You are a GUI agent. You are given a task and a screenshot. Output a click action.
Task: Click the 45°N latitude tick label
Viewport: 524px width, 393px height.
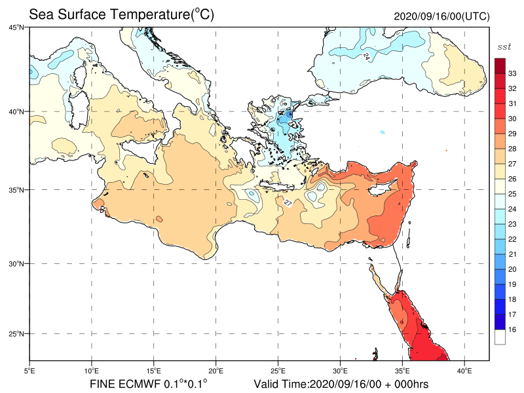pyautogui.click(x=16, y=28)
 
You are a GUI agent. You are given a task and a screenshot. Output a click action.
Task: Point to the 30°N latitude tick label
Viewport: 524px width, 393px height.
pyautogui.click(x=16, y=264)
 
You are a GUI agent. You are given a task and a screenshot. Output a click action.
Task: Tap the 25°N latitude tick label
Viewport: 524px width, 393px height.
pyautogui.click(x=16, y=334)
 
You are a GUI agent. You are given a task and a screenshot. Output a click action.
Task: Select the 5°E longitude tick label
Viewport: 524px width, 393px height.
pyautogui.click(x=29, y=371)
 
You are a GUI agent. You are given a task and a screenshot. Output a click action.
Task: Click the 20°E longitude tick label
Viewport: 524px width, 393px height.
pyautogui.click(x=216, y=371)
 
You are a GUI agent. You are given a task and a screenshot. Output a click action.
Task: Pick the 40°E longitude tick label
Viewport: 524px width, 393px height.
pyautogui.click(x=464, y=371)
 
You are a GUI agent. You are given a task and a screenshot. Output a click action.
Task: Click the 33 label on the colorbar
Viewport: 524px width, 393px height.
pyautogui.click(x=512, y=73)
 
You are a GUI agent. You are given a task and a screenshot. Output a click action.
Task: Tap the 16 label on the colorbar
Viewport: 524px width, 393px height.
pyautogui.click(x=512, y=329)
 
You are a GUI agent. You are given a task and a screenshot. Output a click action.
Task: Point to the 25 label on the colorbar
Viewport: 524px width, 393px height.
pyautogui.click(x=512, y=194)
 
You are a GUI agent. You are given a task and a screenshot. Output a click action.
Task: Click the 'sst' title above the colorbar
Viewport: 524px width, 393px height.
pyautogui.click(x=504, y=47)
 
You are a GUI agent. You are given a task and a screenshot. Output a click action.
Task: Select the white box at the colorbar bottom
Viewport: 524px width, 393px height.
pyautogui.click(x=500, y=337)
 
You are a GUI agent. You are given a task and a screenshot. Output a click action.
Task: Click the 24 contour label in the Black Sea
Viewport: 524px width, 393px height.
pyautogui.click(x=367, y=57)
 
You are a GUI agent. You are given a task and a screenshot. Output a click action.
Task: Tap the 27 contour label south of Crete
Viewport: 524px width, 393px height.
pyautogui.click(x=288, y=203)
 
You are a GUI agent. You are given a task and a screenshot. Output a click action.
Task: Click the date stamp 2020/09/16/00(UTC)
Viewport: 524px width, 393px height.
pyautogui.click(x=441, y=16)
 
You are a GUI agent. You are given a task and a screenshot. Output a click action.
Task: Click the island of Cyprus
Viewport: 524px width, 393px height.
pyautogui.click(x=381, y=189)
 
